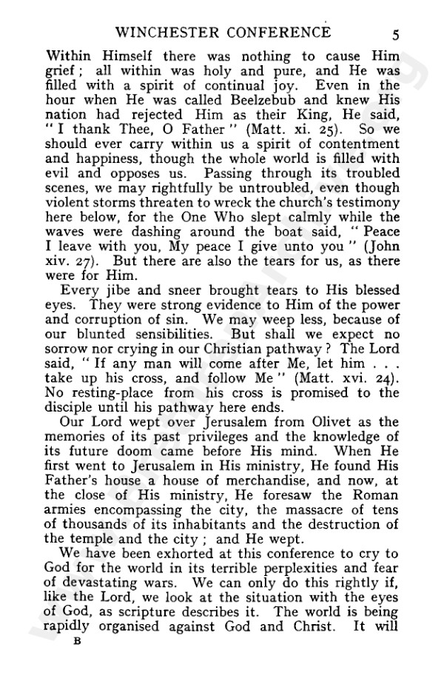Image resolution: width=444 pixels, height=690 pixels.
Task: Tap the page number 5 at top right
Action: point(396,33)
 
